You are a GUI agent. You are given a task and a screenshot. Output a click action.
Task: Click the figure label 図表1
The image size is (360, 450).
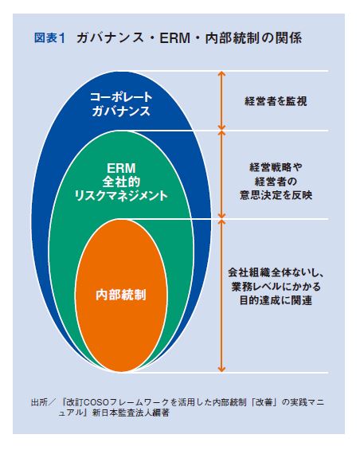(49, 38)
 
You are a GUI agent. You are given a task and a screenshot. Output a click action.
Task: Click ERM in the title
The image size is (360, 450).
(175, 38)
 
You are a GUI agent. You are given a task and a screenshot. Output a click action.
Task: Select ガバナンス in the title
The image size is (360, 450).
(110, 38)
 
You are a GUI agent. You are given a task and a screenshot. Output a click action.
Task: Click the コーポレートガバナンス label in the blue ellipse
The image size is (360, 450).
(121, 104)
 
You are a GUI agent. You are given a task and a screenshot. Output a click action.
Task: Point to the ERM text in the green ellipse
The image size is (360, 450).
(121, 168)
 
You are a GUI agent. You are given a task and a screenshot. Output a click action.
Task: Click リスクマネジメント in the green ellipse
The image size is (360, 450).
(121, 196)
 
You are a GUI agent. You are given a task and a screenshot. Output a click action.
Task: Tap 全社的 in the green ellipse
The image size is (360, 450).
(121, 182)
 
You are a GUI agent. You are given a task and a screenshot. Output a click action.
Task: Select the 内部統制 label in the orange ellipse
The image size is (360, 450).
(121, 295)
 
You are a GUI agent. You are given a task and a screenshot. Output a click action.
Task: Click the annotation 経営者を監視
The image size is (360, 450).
(276, 101)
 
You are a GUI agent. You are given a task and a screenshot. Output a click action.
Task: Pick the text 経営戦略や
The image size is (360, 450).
(276, 167)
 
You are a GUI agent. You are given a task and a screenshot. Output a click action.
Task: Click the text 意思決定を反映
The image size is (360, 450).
(276, 195)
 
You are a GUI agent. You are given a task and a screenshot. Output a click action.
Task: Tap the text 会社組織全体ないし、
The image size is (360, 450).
(276, 272)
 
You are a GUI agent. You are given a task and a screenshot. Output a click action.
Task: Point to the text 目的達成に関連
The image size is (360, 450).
(276, 300)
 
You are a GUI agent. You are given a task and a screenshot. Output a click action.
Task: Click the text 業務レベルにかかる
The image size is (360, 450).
(276, 287)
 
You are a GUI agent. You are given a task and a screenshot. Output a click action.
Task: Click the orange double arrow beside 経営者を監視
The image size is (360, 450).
(221, 100)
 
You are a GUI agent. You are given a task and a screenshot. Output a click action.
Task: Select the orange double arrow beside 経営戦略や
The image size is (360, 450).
(221, 174)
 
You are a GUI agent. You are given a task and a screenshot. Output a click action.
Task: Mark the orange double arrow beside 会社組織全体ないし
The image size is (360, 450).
(221, 296)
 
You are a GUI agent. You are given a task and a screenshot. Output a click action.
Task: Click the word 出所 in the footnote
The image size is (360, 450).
(39, 402)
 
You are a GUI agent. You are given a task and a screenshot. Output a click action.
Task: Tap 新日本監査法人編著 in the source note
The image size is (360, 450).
(131, 413)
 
